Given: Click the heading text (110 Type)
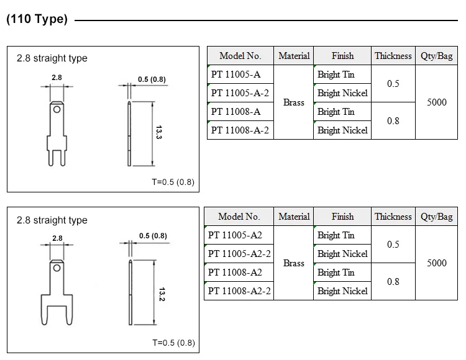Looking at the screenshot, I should tap(36, 19).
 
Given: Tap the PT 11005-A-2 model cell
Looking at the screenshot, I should tap(240, 93).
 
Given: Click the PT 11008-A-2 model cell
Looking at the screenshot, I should tap(240, 130).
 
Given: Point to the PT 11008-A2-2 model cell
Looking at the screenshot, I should tap(239, 291).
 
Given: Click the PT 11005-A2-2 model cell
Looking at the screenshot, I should tap(239, 254).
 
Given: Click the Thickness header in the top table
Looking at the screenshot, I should tap(393, 56).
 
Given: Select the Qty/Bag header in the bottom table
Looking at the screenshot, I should tap(436, 217).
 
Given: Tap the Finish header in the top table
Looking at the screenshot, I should tap(342, 56).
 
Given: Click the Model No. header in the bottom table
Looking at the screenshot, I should tap(239, 217).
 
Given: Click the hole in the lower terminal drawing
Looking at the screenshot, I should tap(57, 268).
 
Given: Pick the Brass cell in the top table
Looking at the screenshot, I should tap(294, 102).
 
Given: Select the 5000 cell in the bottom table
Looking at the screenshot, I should tap(436, 263).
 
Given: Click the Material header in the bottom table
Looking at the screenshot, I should tap(294, 217).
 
